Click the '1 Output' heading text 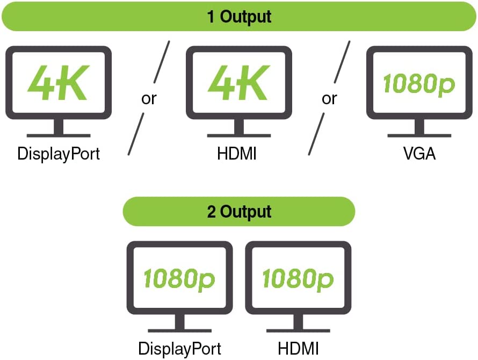click(x=239, y=16)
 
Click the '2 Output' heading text click(x=239, y=211)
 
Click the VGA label click(x=419, y=154)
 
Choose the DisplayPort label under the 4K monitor click(x=59, y=154)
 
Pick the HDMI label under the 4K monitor click(x=237, y=154)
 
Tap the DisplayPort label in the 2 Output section click(x=179, y=348)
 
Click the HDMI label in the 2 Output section click(x=298, y=348)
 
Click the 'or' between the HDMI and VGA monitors click(x=329, y=99)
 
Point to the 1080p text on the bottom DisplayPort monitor click(x=179, y=279)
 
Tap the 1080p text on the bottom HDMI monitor click(x=298, y=279)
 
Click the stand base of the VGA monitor click(x=419, y=135)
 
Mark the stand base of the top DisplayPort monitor click(x=58, y=135)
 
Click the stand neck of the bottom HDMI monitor click(x=298, y=321)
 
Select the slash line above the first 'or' click(x=161, y=62)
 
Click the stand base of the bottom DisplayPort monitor click(x=179, y=329)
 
